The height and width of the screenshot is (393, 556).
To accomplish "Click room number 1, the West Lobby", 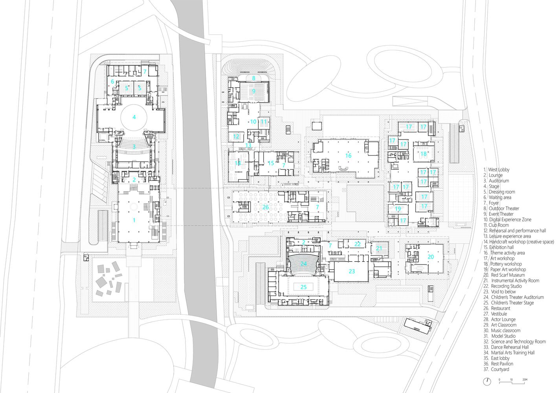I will click(134, 220).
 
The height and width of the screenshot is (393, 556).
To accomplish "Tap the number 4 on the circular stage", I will click(134, 117).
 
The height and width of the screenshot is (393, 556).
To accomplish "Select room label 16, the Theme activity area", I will click(348, 156).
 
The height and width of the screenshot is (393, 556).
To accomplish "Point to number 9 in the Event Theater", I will click(254, 91).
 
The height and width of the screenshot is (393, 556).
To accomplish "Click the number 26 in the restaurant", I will click(266, 207).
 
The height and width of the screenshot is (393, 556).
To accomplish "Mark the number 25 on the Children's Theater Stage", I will click(303, 287).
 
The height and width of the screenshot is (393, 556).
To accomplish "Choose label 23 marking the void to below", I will click(352, 271).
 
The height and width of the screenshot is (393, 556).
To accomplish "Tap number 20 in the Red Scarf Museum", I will click(431, 257).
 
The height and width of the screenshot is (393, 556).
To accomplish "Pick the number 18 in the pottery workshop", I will click(423, 154).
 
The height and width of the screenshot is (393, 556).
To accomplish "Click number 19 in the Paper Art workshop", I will click(398, 209).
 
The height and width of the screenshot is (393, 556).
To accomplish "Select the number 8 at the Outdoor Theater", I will click(254, 78).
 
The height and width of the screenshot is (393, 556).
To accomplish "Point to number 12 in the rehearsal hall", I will click(236, 137).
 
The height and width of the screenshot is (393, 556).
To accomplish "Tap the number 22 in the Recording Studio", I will click(357, 244).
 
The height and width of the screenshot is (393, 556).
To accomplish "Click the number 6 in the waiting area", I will click(112, 82).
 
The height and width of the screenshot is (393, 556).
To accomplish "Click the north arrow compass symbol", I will click(487, 381).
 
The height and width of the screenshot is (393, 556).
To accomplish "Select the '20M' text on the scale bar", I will click(525, 380).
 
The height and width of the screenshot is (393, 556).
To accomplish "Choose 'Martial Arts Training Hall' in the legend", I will click(512, 353).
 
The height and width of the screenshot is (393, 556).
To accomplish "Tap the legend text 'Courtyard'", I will click(500, 369).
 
